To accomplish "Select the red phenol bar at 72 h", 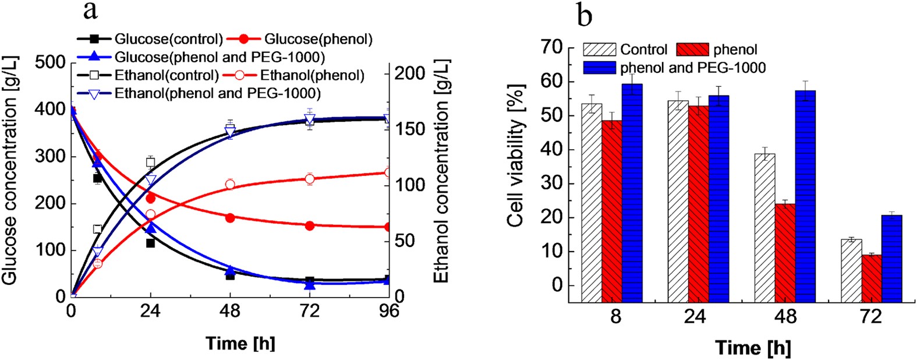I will point(872,278).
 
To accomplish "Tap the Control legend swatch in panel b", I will point(600,50).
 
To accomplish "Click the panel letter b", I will point(584,15).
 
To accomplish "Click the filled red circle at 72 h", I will point(310,225).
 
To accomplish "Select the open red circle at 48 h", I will point(230,184).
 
